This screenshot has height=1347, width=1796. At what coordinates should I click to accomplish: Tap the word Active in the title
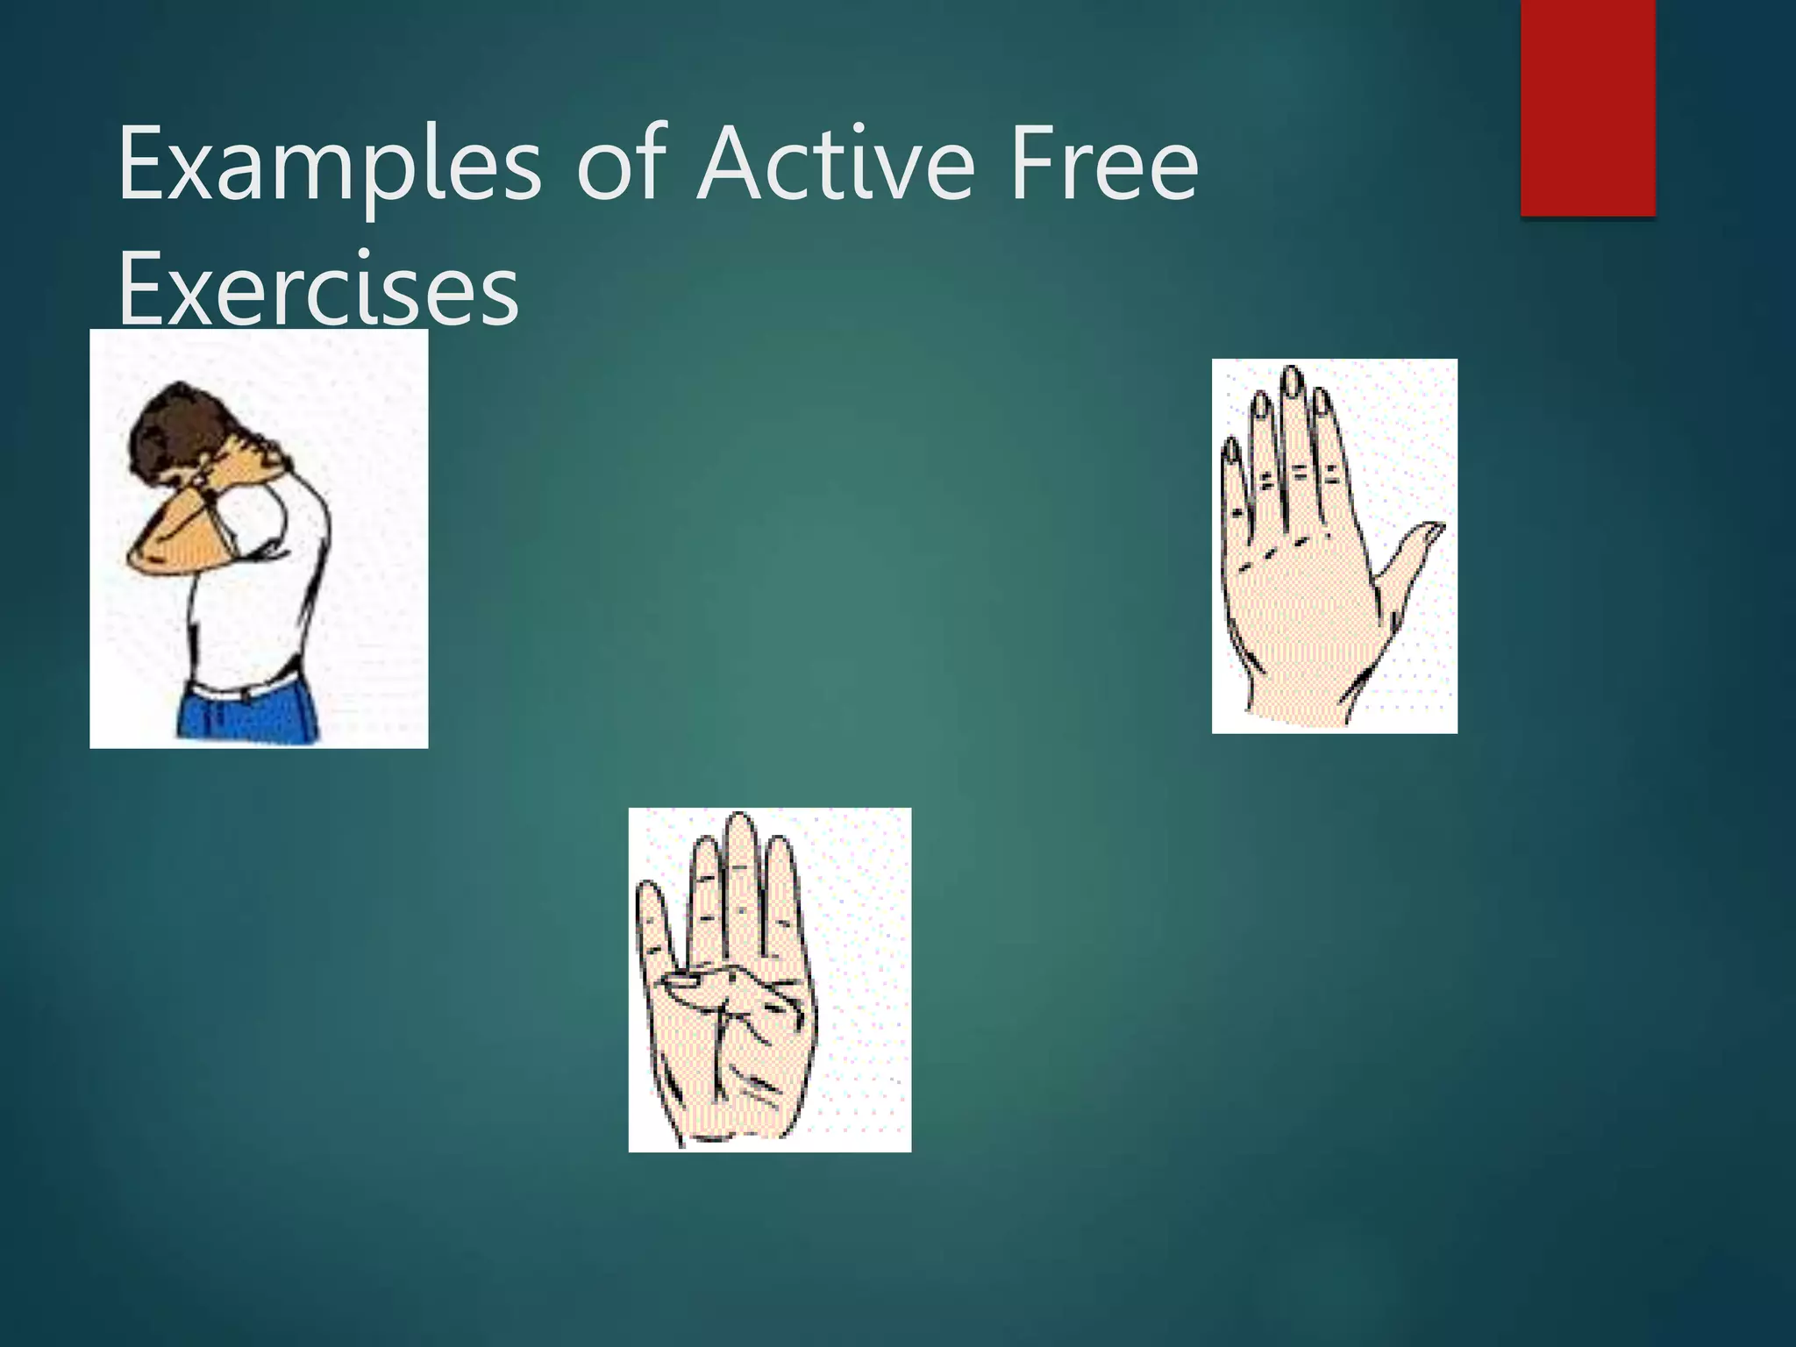point(836,165)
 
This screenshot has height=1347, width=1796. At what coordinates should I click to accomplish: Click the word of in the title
point(622,165)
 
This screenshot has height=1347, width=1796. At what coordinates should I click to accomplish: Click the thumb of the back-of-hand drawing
point(1412,552)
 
